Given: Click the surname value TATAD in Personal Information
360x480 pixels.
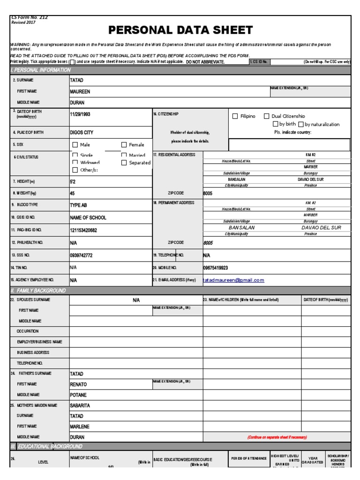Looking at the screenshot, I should [76, 80].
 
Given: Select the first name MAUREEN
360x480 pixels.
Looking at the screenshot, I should [80, 91].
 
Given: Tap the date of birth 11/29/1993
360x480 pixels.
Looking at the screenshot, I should [82, 114].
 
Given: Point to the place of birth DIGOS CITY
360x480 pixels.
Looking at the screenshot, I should [82, 133].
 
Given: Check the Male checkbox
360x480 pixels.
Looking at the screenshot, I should [75, 145].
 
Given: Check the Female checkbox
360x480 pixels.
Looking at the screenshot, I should [124, 145].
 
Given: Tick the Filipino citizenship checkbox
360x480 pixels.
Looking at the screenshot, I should [235, 116].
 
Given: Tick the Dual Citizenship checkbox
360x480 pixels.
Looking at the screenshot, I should [266, 116].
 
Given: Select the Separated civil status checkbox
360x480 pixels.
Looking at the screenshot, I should [124, 163].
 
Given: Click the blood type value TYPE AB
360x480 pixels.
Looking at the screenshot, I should [79, 205].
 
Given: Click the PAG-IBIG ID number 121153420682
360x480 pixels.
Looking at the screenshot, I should [83, 230].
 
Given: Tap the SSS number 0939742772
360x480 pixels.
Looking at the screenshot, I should [81, 255].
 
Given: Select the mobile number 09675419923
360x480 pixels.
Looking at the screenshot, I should [215, 268].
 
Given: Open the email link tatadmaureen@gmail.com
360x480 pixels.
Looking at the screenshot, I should [233, 280].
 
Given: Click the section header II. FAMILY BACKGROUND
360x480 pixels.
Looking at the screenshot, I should [38, 291].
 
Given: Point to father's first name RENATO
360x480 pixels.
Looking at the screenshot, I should [78, 384].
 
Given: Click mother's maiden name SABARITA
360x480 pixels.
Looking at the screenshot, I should [80, 405].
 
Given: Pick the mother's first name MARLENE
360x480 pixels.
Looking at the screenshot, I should [80, 427].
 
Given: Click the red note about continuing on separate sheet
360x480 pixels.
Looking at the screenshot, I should [277, 437].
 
